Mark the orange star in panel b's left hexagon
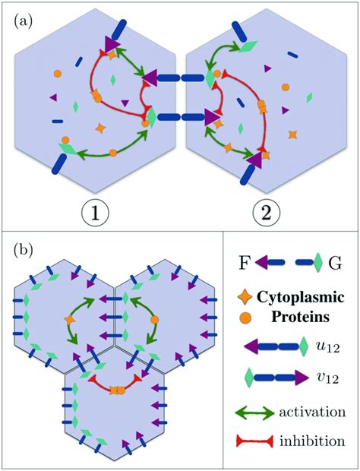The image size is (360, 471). coord(71,321)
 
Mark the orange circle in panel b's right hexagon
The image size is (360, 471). coord(154,321)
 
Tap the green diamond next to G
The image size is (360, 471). coord(317,262)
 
